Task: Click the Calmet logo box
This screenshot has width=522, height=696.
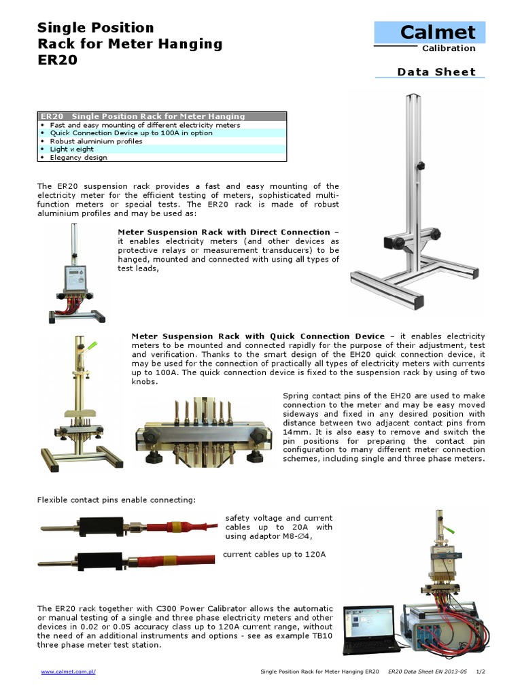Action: (x=430, y=32)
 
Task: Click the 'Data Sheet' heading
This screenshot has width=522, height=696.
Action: (x=436, y=72)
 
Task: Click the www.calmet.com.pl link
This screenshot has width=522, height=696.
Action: (x=68, y=672)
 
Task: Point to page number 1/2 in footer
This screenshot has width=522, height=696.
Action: (x=481, y=672)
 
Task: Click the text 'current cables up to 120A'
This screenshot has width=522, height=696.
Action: (x=275, y=555)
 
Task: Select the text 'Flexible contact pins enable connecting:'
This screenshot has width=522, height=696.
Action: (x=116, y=500)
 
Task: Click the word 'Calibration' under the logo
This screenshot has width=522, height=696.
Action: (x=449, y=48)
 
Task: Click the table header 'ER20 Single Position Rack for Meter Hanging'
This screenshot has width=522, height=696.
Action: (x=143, y=116)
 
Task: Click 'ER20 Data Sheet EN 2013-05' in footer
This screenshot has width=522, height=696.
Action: (x=427, y=672)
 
